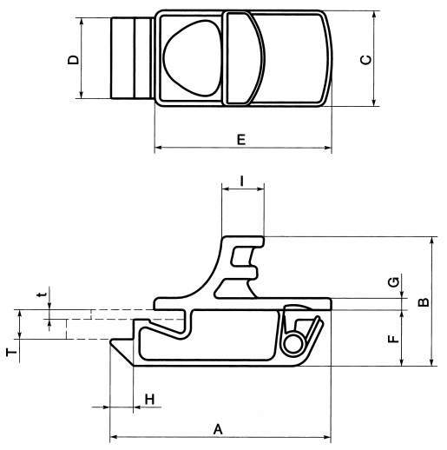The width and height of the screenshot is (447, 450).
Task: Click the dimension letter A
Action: point(219,427)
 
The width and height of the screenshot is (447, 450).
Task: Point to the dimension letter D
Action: point(74,59)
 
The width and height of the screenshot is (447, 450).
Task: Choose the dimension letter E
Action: point(241,139)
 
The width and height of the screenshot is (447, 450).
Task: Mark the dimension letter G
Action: point(394,282)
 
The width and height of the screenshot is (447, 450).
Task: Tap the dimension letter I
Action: point(242,182)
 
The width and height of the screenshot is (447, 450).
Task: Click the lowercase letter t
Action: point(40,295)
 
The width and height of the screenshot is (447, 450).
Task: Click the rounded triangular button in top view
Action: point(193,59)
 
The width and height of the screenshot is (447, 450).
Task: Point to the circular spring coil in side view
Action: point(294,344)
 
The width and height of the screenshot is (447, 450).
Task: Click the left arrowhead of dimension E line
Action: point(158,150)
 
